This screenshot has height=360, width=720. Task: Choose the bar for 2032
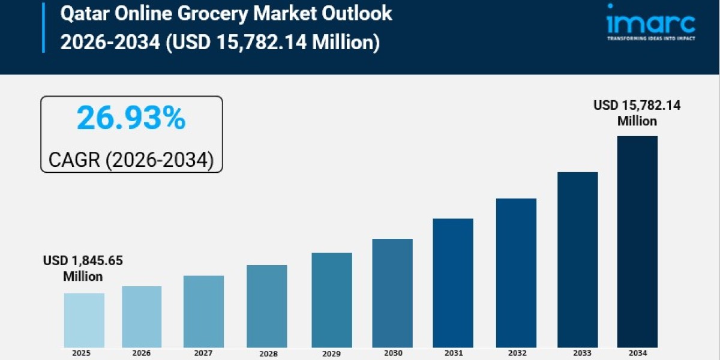(516, 272)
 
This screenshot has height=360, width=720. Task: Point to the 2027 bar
(203, 311)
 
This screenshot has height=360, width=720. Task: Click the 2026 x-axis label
(142, 353)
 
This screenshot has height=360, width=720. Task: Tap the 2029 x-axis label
(331, 353)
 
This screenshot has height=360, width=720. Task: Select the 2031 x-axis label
(453, 353)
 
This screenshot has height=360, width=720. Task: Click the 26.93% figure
(131, 118)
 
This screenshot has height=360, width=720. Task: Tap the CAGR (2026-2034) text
(131, 159)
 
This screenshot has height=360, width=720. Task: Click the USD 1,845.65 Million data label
(83, 268)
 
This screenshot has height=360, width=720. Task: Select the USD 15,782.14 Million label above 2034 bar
(637, 113)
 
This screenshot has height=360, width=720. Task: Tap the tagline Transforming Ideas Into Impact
(650, 39)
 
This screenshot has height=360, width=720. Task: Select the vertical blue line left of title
(43, 26)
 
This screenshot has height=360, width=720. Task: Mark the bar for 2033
(577, 259)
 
